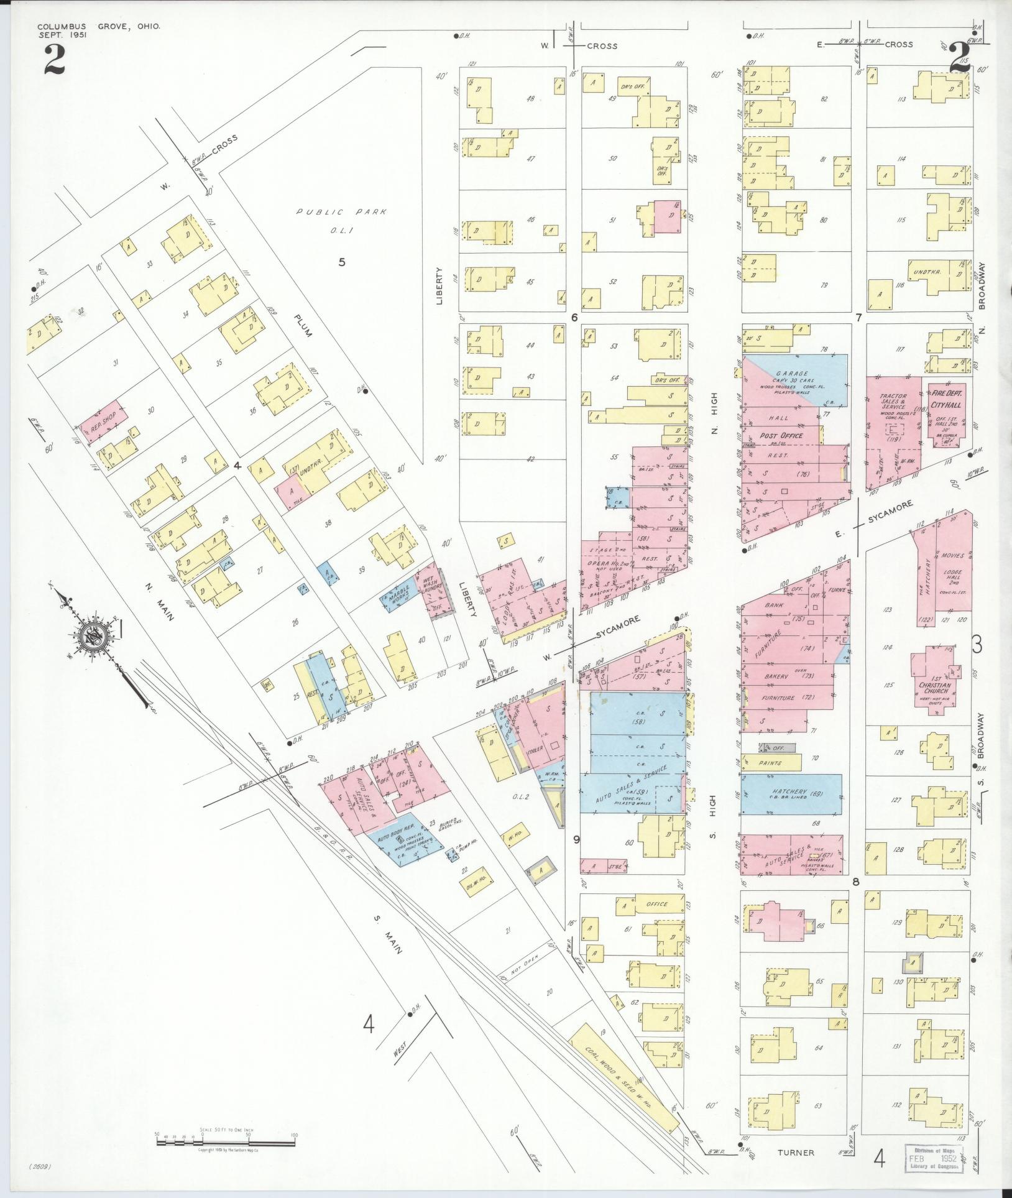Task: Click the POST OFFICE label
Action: point(780,436)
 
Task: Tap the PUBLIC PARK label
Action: point(341,212)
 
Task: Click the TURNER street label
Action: point(796,1153)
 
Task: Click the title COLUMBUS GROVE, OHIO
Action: point(99,26)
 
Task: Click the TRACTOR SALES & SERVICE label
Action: point(893,407)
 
